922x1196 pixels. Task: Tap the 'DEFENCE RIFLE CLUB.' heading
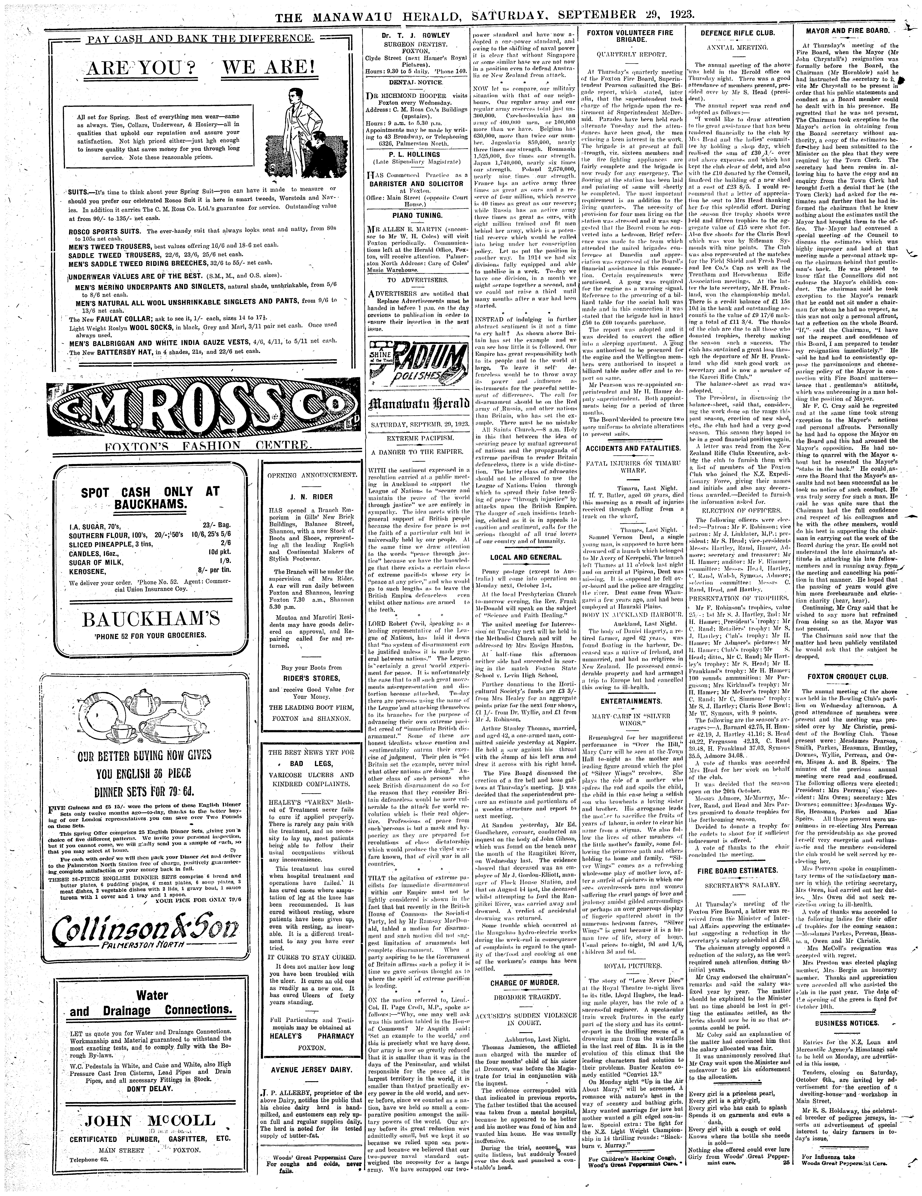[732, 33]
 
